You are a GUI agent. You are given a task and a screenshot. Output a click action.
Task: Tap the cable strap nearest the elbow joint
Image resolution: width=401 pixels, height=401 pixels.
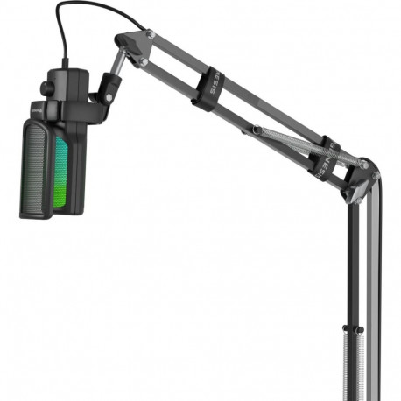(x=321, y=158)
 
